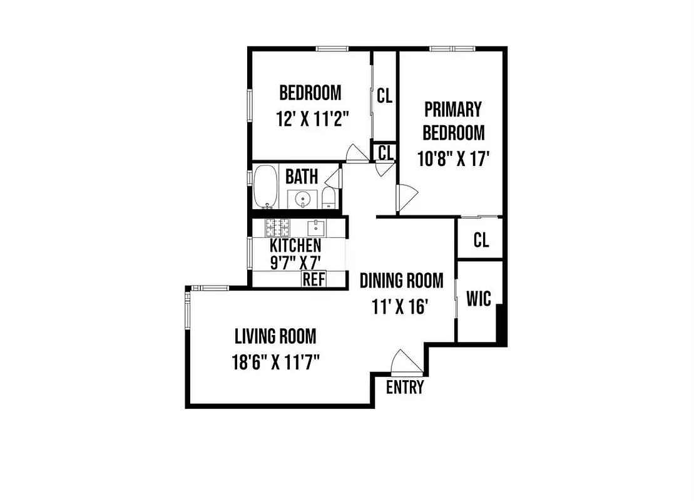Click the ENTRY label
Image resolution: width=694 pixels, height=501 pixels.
404,387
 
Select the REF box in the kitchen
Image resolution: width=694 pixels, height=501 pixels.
314,279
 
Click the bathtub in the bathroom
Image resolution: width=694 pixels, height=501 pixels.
265,187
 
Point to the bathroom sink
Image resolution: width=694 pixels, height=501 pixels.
303,199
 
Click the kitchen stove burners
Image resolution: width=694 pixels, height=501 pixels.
277,226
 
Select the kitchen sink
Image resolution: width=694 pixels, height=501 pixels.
315,225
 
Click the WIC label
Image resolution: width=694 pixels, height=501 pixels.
479,299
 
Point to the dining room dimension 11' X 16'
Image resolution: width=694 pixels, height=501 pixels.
401,307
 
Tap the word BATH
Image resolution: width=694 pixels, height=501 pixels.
302,176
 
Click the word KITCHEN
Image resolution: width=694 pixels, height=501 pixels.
295,245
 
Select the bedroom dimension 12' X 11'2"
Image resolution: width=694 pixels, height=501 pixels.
311,119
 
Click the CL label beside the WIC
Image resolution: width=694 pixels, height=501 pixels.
481,240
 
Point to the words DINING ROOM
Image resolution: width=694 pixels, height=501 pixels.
401,280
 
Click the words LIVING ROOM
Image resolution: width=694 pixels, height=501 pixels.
275,336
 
